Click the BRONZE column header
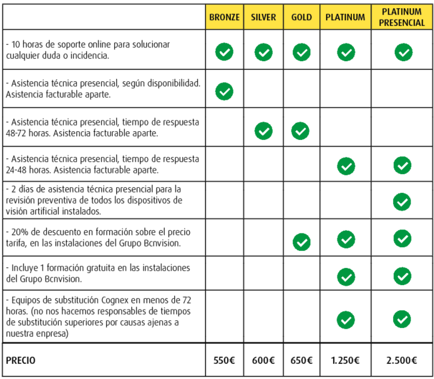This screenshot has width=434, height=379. point(224,18)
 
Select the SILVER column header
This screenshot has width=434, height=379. point(263,18)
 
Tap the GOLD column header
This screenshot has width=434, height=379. point(302,18)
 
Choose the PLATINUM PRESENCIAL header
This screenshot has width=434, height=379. point(402,18)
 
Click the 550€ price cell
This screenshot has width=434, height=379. point(224,361)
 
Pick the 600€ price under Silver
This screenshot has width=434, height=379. point(263,361)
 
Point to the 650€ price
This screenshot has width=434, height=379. point(302,361)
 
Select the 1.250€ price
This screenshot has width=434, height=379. point(345,361)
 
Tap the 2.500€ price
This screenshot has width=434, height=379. point(402,361)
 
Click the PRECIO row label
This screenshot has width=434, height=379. point(21,361)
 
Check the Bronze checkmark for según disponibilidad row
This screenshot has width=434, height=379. point(224,91)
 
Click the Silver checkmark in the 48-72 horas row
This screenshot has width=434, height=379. point(263,131)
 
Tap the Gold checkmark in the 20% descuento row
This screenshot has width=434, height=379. point(302,241)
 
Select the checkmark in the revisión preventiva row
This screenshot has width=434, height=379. point(402,202)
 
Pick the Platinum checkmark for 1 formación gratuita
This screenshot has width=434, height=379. point(346,276)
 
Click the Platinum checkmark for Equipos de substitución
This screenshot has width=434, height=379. point(346,320)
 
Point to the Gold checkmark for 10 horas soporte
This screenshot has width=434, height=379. point(302,52)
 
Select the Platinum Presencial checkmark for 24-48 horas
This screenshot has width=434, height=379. point(402,165)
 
